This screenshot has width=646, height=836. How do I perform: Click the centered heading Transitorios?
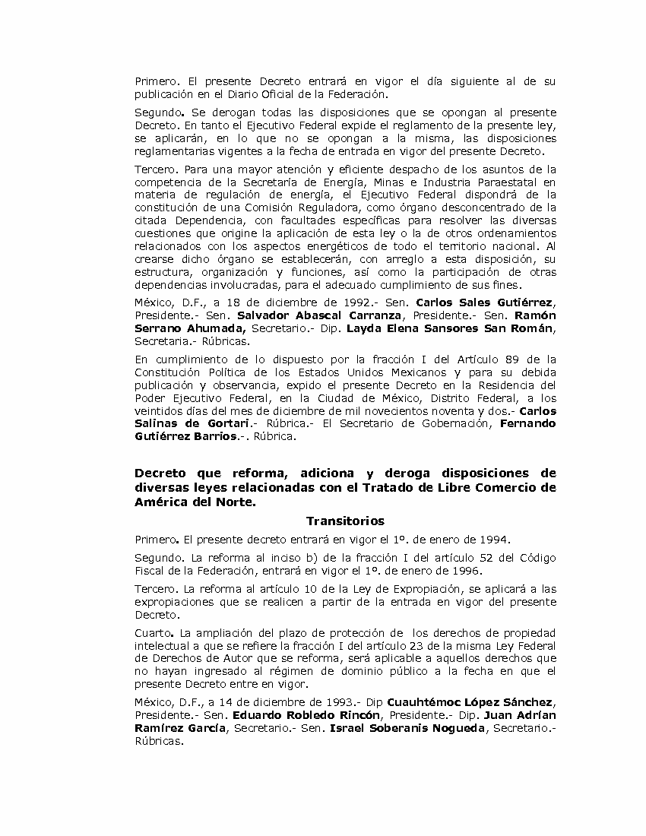click(345, 521)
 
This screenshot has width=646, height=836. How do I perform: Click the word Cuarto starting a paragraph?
click(151, 633)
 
